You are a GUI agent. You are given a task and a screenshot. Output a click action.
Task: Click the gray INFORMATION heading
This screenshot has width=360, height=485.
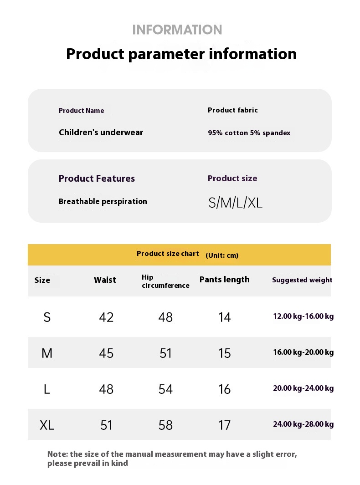177,30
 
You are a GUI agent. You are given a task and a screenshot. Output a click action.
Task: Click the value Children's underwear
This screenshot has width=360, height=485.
101,133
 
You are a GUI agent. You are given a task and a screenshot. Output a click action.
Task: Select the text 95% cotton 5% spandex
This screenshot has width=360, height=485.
249,133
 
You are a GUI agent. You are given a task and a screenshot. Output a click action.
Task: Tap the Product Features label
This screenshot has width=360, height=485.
97,179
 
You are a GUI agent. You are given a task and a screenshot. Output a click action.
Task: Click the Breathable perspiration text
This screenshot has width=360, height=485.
103,201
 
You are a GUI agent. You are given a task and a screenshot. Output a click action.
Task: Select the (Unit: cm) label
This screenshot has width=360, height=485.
222,255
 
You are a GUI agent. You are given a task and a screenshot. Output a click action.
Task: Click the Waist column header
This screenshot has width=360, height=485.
105,280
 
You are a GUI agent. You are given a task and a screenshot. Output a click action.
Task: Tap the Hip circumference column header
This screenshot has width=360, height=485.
165,281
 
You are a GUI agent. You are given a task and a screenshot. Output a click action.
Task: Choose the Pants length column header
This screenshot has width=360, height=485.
224,280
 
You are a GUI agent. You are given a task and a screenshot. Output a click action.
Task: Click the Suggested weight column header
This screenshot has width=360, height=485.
302,280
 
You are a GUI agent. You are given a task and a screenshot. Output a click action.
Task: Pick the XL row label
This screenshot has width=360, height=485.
47,425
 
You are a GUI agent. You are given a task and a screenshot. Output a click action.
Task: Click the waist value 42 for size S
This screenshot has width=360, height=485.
106,317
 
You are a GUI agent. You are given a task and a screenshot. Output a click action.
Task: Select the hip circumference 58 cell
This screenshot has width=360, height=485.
165,425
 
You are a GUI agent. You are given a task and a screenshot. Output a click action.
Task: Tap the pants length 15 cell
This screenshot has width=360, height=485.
225,353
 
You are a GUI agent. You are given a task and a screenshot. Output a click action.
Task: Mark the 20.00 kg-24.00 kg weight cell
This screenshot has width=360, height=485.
303,388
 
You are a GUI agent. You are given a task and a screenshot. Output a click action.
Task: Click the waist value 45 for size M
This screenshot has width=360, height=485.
106,353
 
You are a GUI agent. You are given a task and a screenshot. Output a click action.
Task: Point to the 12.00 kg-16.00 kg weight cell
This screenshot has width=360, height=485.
303,317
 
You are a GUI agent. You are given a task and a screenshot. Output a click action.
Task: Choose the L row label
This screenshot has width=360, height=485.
46,389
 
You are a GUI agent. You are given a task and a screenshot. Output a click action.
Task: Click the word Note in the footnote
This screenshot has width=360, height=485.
57,454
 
